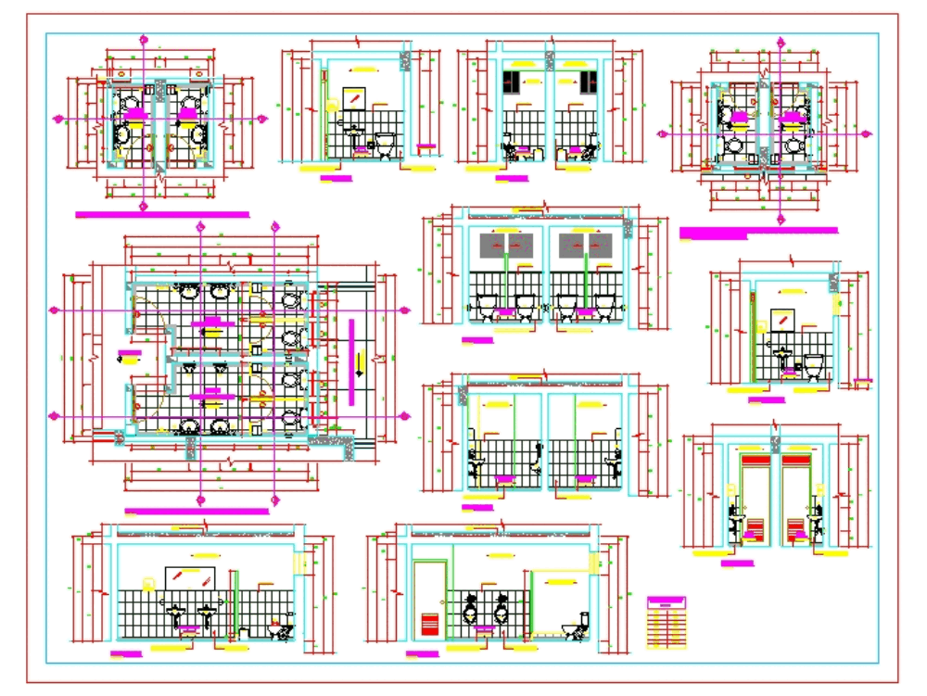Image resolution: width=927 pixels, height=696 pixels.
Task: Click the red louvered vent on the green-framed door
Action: pos(430,623)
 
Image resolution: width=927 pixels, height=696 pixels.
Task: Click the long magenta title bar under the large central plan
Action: pos(197,512)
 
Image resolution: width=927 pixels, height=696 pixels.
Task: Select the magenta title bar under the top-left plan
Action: pos(162,215)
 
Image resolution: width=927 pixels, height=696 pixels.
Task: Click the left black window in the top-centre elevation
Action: pos(511,81)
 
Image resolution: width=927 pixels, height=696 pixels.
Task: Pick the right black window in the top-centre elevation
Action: pos(587,81)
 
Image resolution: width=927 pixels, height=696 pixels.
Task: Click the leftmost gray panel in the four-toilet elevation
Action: pos(492,246)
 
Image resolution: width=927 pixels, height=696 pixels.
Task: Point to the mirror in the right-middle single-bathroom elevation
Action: pos(782,317)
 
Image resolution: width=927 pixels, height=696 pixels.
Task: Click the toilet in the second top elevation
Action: pos(385,145)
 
